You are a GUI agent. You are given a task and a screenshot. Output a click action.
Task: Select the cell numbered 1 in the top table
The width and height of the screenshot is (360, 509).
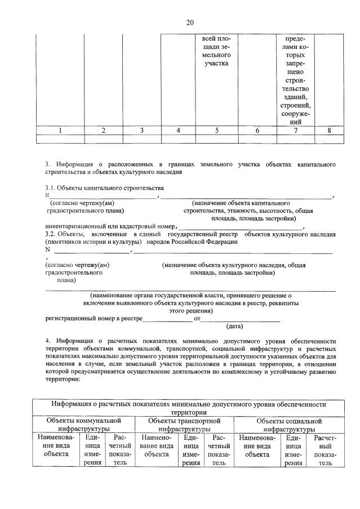60,131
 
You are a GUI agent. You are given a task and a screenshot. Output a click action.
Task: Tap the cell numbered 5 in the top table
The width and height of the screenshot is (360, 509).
217,131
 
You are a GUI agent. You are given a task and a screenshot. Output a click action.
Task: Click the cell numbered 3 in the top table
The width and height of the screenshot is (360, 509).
142,131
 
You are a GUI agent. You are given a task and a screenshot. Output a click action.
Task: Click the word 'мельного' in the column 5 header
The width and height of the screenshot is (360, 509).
217,55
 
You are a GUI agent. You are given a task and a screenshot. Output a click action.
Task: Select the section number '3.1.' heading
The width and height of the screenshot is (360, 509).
51,187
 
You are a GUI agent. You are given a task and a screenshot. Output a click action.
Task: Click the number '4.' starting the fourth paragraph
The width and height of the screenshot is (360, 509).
48,341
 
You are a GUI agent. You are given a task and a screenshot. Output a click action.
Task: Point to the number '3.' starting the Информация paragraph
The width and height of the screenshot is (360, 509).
48,164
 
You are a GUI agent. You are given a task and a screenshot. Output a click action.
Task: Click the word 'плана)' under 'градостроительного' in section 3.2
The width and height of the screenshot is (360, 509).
66,280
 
